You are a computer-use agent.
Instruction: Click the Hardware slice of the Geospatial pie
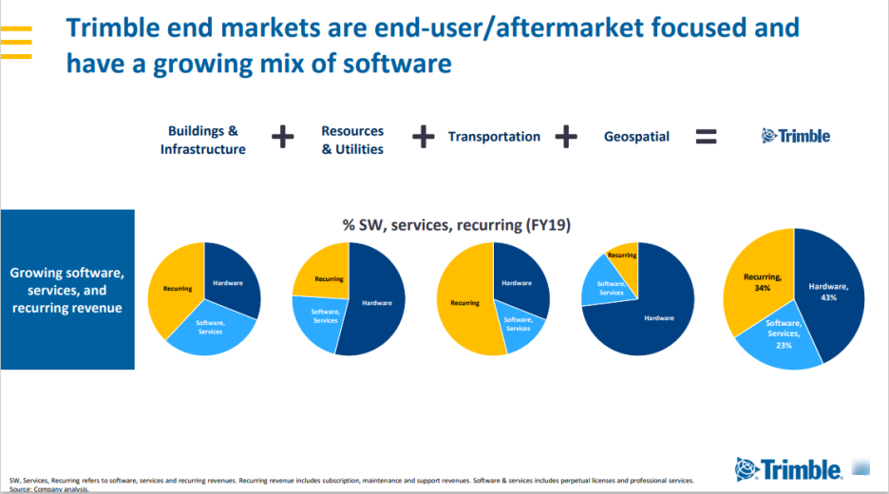655,318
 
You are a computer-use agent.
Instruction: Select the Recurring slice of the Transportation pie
464,302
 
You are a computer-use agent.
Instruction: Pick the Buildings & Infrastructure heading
202,140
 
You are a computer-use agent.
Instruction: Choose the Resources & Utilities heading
352,140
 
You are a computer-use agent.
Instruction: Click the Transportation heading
494,137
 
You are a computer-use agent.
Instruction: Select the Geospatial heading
636,137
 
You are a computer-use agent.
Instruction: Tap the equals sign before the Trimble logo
706,137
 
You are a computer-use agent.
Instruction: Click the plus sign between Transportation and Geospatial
566,137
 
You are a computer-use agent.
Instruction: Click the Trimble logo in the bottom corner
788,468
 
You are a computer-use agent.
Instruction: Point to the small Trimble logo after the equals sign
797,136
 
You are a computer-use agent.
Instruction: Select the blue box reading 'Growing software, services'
66,290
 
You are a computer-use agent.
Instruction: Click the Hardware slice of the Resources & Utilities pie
376,304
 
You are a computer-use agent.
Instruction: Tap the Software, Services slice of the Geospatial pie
611,287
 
